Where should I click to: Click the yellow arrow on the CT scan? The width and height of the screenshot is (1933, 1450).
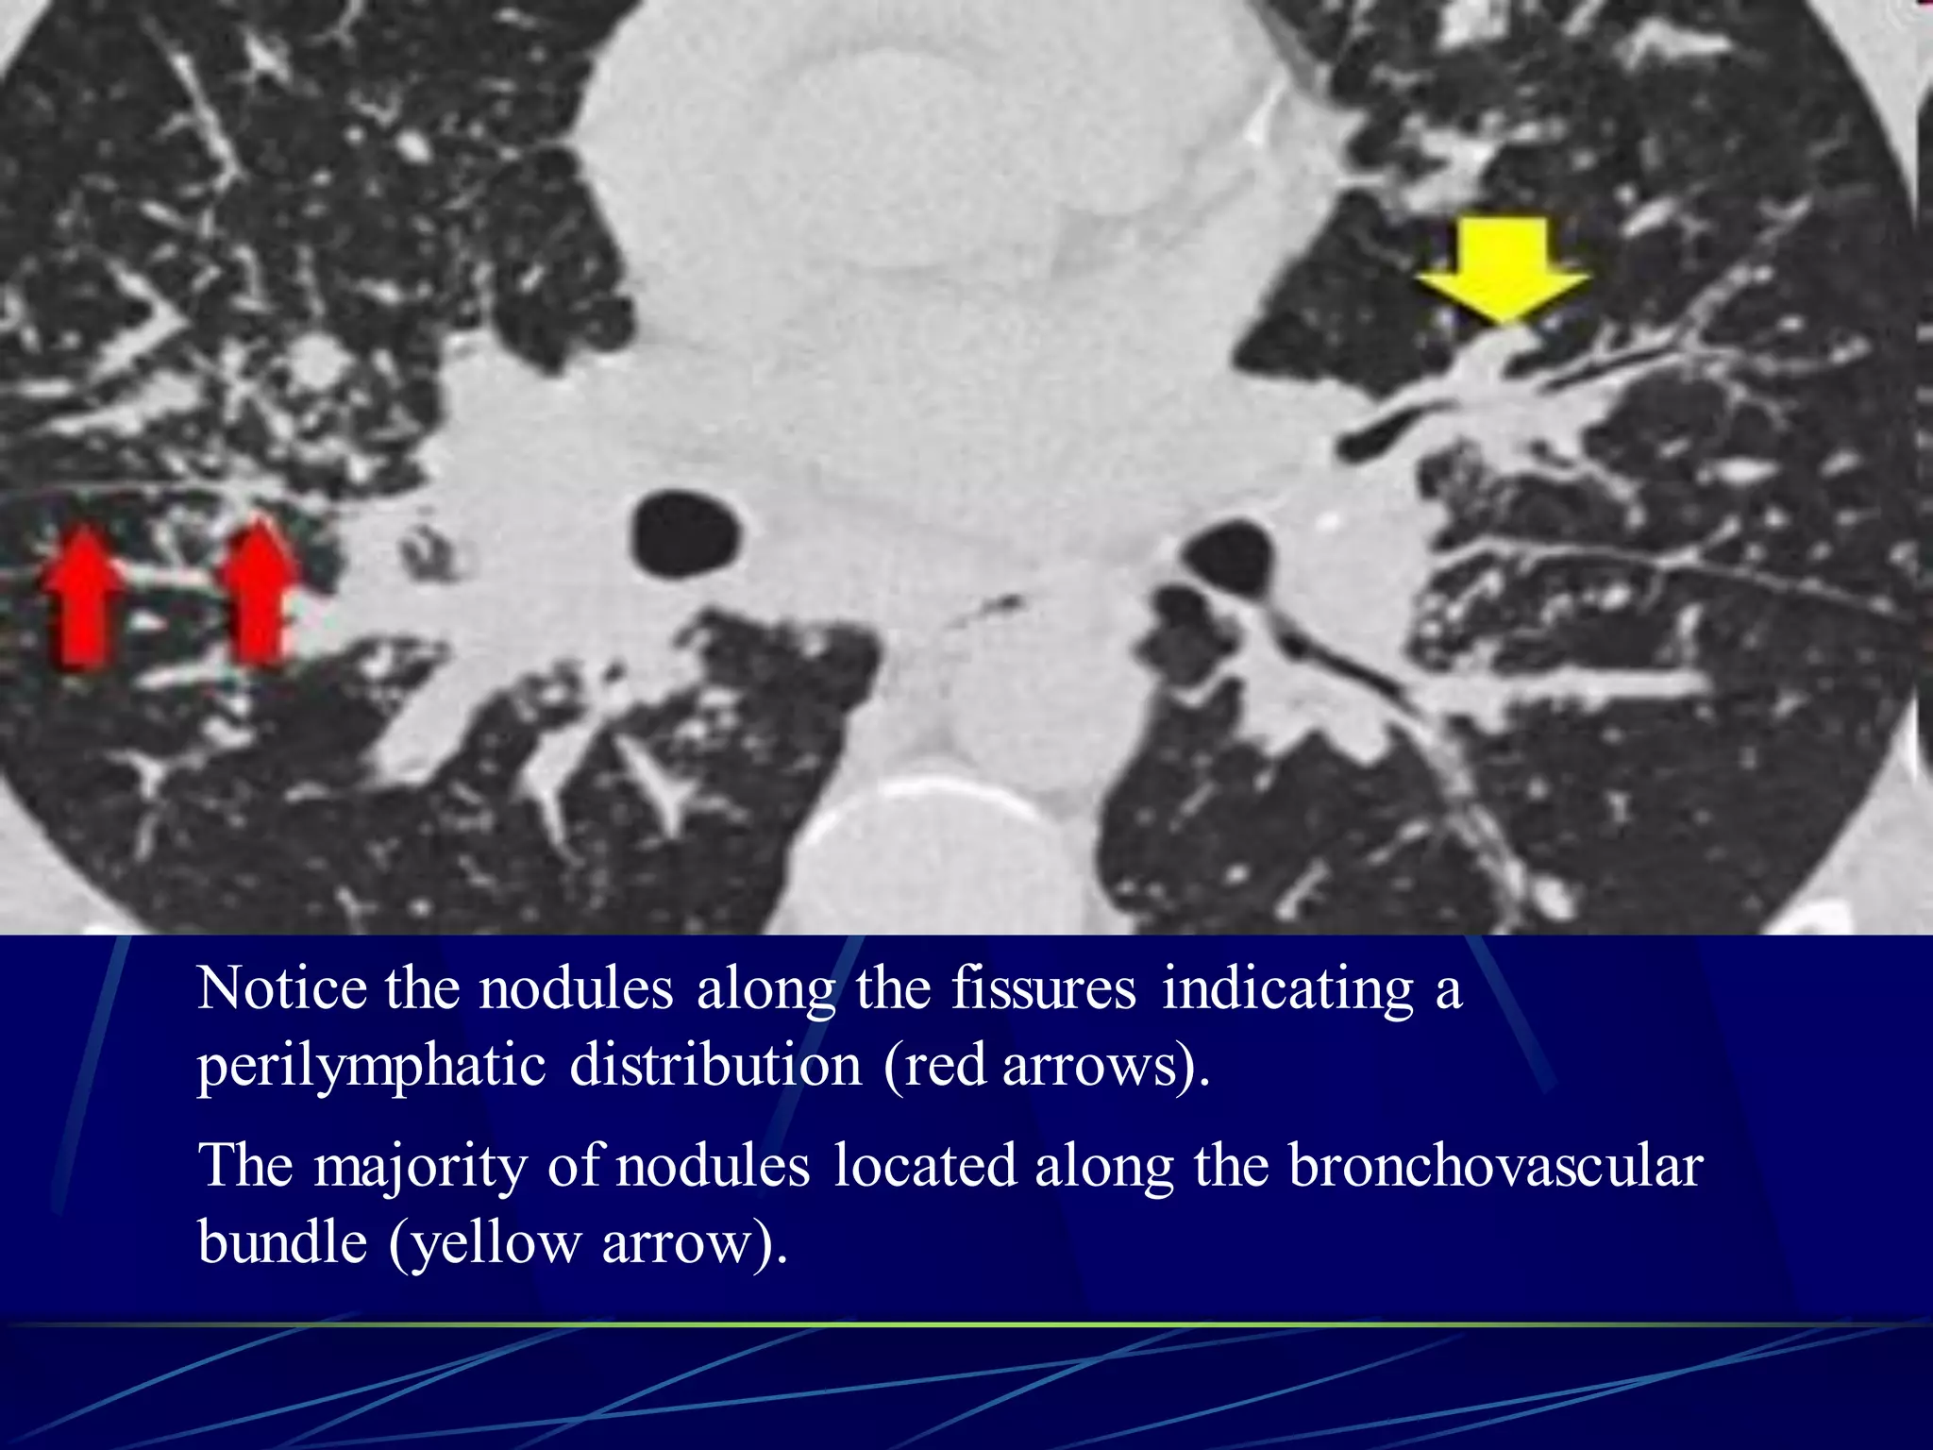click(1503, 268)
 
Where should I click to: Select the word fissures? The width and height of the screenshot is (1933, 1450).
click(1043, 989)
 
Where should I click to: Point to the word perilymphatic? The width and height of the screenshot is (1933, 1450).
click(371, 1067)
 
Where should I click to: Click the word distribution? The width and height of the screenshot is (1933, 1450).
click(715, 1067)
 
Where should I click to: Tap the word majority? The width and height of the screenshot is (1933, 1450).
click(420, 1167)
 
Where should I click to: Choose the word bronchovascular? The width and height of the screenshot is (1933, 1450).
click(1495, 1167)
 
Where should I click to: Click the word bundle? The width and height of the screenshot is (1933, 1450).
click(282, 1242)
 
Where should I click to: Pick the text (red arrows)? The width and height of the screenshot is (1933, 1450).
click(1046, 1067)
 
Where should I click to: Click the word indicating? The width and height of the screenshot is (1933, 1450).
click(1287, 989)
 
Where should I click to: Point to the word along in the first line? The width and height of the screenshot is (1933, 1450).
click(765, 989)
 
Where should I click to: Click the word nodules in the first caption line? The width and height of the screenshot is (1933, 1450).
click(576, 989)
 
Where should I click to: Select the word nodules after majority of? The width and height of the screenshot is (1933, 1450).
click(713, 1167)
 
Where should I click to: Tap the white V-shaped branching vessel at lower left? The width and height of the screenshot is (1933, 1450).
click(661, 774)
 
